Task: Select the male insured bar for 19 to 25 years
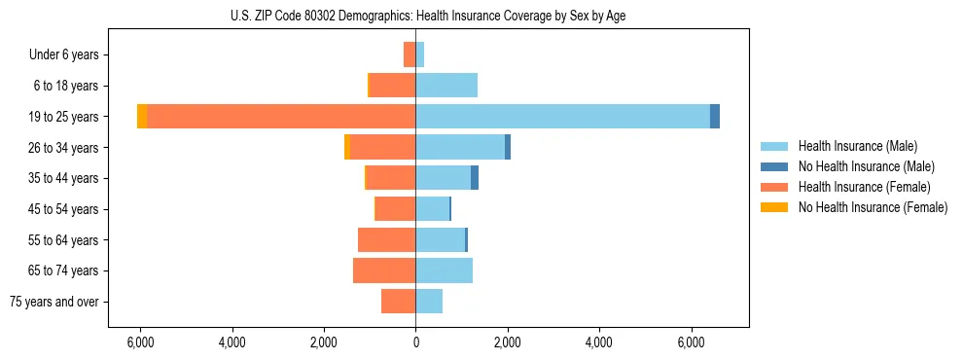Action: click(562, 117)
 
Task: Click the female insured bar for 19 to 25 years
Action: click(281, 117)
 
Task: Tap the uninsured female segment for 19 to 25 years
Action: click(142, 117)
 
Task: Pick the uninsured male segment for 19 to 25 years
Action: click(715, 117)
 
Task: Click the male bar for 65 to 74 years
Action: click(444, 270)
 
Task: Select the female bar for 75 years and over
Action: click(398, 302)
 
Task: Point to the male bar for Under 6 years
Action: click(419, 54)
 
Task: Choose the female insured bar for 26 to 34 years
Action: click(382, 147)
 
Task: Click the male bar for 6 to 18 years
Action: click(446, 86)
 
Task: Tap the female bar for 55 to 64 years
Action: click(386, 239)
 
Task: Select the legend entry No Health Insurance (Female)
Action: click(873, 207)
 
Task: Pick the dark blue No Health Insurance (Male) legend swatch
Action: click(774, 166)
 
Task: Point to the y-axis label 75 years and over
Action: click(54, 302)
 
